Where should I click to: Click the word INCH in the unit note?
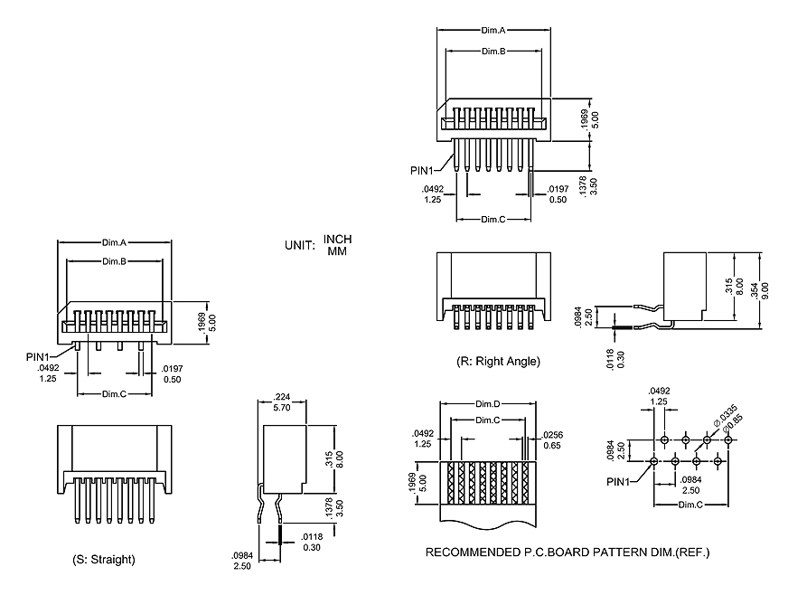point(337,240)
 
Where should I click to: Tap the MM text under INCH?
point(337,250)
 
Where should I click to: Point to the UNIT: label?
point(299,245)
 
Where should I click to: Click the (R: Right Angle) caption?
point(498,362)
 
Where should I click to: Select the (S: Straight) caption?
point(104,560)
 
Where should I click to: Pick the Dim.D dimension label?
point(489,404)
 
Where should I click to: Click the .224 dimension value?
point(282,397)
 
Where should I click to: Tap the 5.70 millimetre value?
point(282,408)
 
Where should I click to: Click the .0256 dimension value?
point(553,434)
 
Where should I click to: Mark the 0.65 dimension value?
point(553,445)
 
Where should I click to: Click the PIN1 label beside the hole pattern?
point(621,482)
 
